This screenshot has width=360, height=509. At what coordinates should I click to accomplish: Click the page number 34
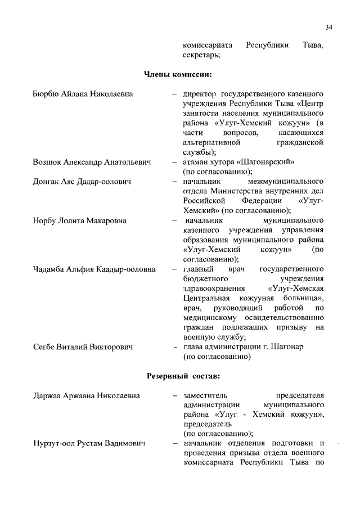coord(328,26)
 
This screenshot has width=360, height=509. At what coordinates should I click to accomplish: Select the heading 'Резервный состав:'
coord(179,375)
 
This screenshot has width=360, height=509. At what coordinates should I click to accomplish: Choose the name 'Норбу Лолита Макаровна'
coord(79,220)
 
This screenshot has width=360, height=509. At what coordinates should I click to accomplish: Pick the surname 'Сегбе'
coord(44,347)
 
